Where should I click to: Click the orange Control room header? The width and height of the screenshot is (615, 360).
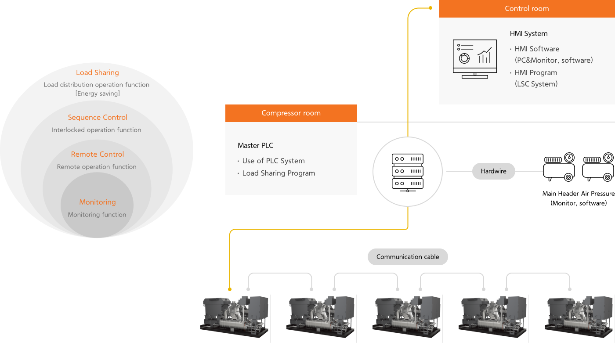[527, 9]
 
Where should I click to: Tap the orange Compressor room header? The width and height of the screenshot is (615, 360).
[291, 113]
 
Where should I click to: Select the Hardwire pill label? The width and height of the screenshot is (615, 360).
[493, 171]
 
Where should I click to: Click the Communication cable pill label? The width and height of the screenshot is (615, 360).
[408, 257]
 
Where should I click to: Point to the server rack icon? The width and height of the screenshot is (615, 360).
[408, 172]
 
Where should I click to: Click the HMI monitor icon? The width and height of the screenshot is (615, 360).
[474, 59]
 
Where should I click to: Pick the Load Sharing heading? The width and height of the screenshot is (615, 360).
[97, 73]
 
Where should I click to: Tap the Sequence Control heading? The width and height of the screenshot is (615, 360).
[98, 118]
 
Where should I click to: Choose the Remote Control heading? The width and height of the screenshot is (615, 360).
[98, 155]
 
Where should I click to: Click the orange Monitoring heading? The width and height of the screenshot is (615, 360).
[98, 202]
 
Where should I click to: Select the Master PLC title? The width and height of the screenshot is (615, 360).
[255, 146]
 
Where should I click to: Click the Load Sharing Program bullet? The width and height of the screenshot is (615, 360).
[279, 173]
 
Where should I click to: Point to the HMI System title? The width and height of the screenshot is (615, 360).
[528, 34]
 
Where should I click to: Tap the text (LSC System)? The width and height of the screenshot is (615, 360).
[536, 84]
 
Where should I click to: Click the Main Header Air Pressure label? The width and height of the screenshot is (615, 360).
[578, 194]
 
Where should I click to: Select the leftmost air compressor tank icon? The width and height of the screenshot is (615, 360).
[559, 167]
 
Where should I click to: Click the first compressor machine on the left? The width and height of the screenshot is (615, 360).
[235, 317]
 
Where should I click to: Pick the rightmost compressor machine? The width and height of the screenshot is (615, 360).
[579, 317]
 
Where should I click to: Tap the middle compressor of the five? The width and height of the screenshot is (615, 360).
[407, 317]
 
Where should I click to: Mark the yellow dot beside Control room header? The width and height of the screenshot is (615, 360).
[430, 8]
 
